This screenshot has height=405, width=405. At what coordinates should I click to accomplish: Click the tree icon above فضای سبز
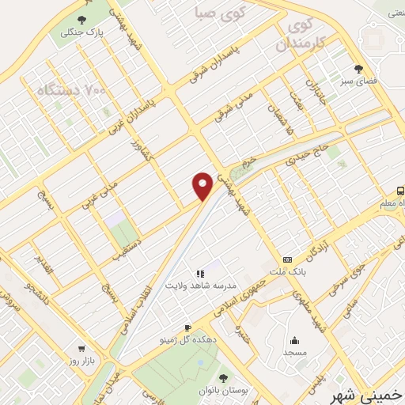click(x=358, y=69)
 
